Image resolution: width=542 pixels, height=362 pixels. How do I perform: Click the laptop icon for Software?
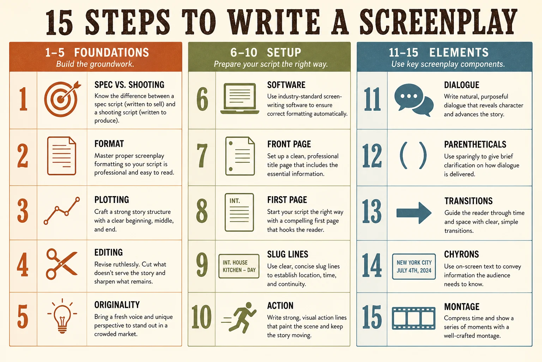(x=240, y=98)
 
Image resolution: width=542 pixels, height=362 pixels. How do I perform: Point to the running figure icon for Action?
(x=240, y=317)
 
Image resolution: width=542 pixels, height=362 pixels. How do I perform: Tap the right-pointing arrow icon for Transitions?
(x=414, y=213)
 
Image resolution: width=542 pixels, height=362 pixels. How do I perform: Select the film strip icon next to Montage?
(x=414, y=318)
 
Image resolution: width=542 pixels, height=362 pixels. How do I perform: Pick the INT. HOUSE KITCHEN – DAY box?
(x=239, y=266)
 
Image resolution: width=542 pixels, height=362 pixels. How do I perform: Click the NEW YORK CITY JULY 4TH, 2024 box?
(x=414, y=266)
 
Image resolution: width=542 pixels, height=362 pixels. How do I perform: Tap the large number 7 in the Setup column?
(x=202, y=156)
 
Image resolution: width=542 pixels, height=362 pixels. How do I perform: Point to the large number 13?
(x=372, y=211)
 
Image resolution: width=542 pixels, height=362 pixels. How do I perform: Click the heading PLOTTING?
(x=112, y=200)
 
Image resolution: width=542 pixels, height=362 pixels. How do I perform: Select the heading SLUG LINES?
(x=288, y=254)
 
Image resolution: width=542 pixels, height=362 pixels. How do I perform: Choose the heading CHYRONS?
(x=462, y=254)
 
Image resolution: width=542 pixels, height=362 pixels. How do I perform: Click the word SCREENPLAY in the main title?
(x=438, y=22)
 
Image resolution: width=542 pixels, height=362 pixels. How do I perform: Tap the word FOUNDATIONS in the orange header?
(x=112, y=52)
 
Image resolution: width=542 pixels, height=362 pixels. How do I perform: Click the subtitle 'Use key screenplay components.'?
(x=448, y=64)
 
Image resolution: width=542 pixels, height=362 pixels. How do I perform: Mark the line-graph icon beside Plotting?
(x=62, y=210)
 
